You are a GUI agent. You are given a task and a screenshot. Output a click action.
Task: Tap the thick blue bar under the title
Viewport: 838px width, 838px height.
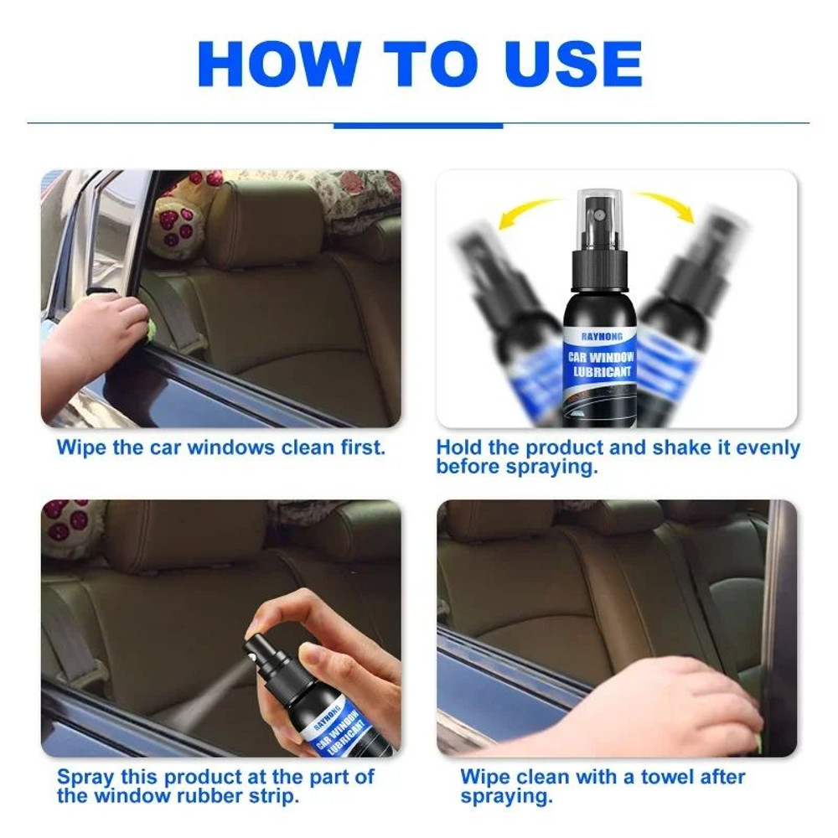(x=418, y=126)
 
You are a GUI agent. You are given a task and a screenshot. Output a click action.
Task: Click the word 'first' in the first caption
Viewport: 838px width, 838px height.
(x=362, y=447)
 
